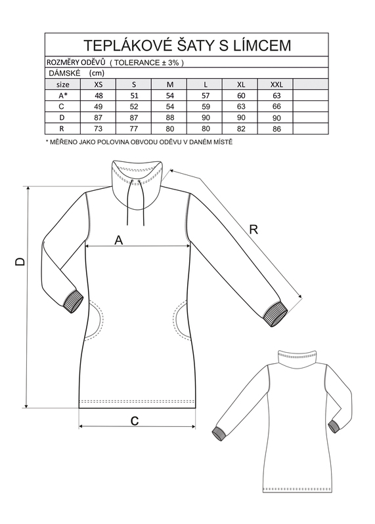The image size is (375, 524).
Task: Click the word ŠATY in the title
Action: point(200,45)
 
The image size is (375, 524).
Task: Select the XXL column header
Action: point(276,85)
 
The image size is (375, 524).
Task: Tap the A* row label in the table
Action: point(63,96)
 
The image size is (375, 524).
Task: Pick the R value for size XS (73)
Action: point(99,129)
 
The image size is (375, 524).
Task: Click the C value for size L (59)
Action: point(206,107)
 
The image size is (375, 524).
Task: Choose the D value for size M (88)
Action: point(170,117)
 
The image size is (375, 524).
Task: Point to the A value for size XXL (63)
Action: point(276,96)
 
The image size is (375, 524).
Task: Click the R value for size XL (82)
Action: point(241,129)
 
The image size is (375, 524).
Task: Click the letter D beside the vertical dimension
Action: point(20,261)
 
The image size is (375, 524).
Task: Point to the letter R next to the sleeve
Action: point(254,230)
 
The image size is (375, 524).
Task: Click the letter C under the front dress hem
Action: point(135,421)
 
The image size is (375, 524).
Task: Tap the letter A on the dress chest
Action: point(119,240)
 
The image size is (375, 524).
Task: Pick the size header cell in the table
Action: point(63,85)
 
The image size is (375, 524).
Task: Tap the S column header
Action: point(134,85)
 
